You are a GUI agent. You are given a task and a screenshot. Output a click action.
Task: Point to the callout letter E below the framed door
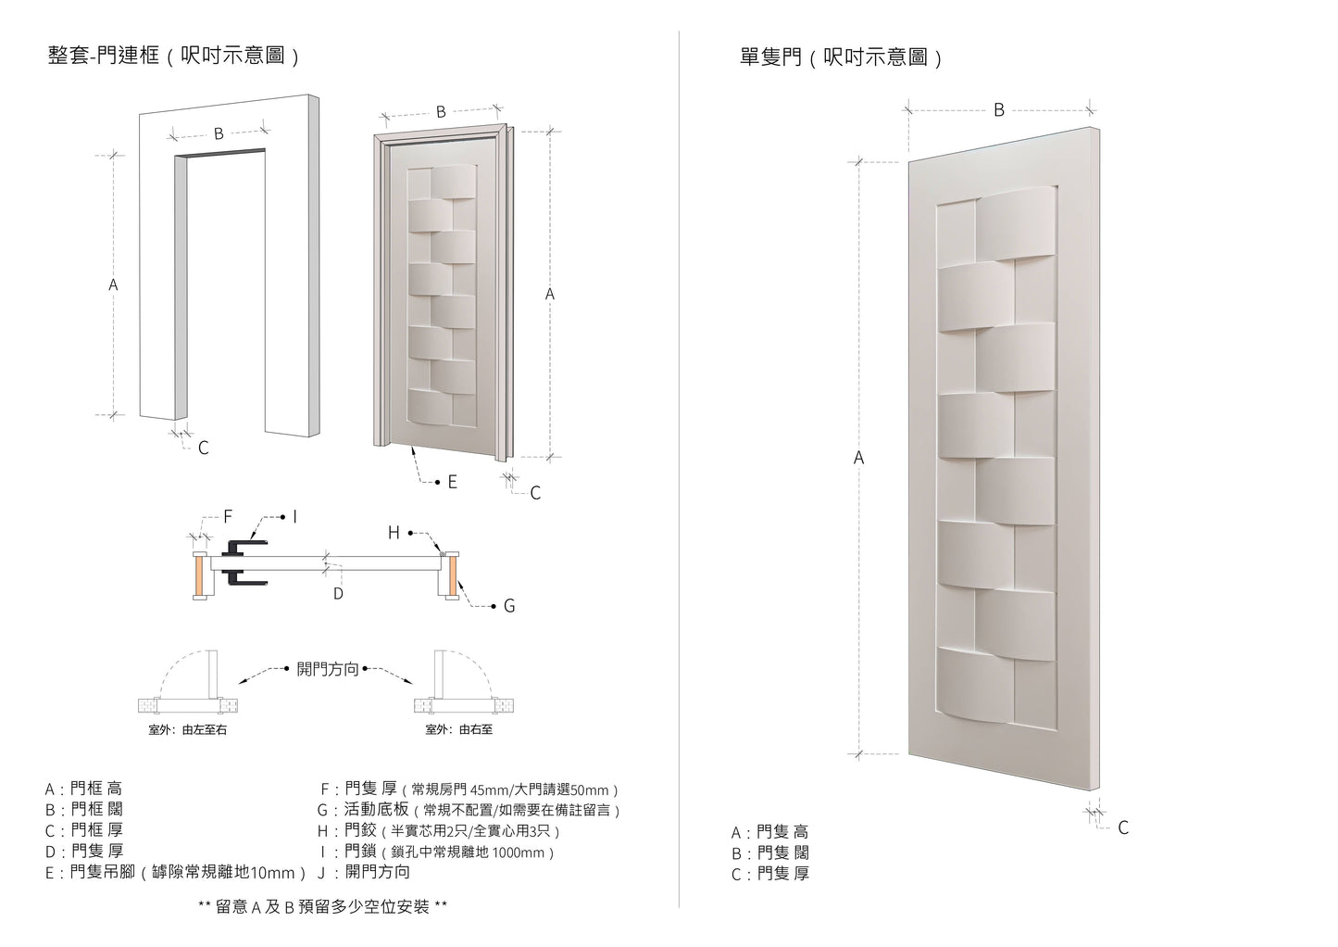coord(452,482)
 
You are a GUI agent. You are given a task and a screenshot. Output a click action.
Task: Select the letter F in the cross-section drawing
coord(228,517)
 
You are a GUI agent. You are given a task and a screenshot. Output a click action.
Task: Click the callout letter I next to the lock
coord(294,517)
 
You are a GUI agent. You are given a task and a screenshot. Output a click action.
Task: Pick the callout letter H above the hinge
coord(394,533)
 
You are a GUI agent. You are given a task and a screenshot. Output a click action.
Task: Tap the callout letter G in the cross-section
coord(508,606)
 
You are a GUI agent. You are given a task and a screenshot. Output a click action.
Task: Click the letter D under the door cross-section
coord(338,593)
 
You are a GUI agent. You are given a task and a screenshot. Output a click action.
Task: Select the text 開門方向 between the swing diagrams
coord(327,669)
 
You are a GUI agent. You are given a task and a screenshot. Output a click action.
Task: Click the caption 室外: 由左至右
coord(188,730)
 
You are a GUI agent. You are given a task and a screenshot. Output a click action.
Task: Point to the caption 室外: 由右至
coord(459,730)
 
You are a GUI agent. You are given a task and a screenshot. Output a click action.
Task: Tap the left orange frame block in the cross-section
coord(199,575)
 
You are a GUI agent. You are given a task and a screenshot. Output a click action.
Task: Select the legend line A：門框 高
coord(83,789)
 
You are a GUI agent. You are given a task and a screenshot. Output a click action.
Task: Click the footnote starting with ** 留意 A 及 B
coord(322,907)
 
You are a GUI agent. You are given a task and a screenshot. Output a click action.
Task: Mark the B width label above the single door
coord(998,110)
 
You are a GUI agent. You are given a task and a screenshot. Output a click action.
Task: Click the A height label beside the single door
coord(858,458)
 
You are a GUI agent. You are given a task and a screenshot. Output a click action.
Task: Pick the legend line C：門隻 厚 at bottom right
coord(769,874)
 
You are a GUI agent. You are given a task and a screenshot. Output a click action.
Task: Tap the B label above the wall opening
coord(219,133)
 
